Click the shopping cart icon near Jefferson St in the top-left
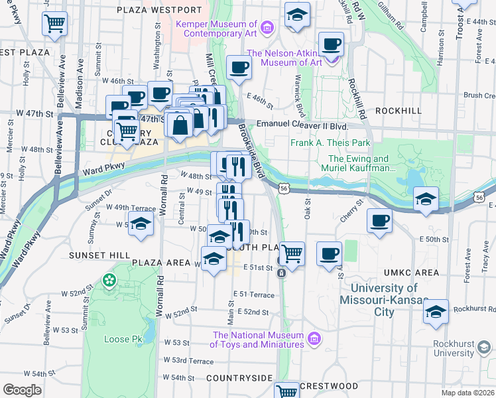54,24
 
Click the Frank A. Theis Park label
330,143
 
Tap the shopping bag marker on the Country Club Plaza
180,124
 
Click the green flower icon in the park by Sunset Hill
108,281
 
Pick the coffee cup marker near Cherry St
379,220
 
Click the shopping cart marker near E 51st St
292,253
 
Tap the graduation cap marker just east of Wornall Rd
141,224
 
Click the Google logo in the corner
21,389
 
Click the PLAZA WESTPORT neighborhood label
158,10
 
